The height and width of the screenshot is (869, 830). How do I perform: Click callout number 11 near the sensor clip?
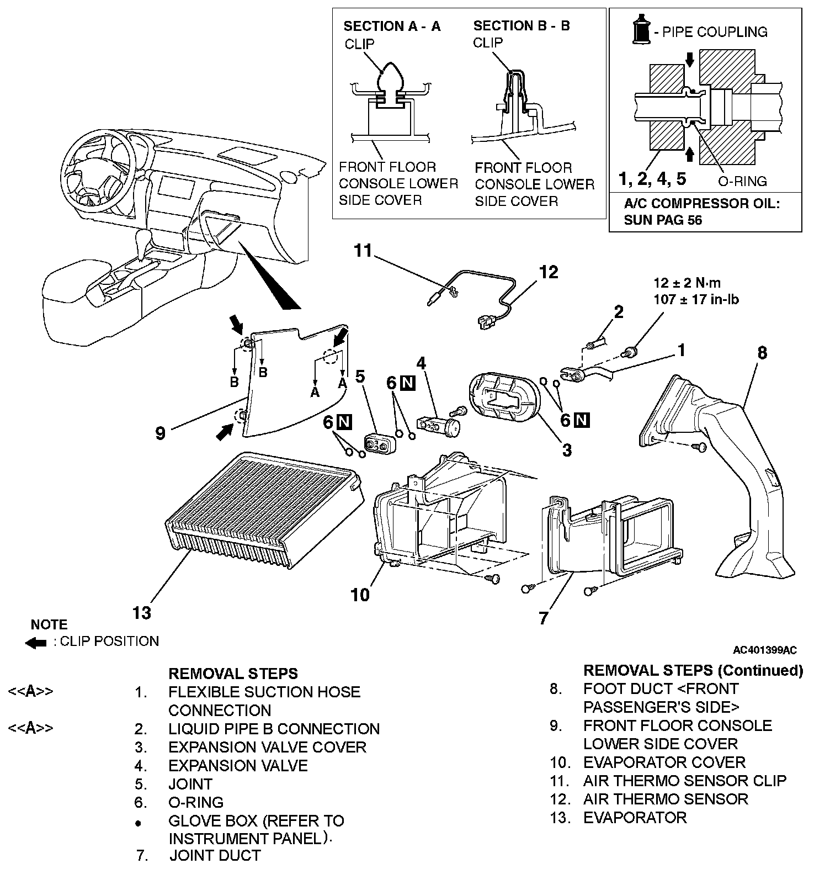364,251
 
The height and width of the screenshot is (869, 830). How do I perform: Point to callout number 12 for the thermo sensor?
549,272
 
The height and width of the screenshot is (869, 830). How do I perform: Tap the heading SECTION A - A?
392,26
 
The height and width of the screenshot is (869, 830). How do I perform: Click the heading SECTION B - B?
522,25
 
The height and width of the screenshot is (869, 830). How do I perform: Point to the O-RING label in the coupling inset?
742,181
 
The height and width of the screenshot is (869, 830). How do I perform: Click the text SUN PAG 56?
663,220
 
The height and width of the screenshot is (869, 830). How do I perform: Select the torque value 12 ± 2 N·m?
687,283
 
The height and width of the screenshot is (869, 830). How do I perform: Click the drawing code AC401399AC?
765,650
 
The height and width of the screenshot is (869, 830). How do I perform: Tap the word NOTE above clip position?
49,624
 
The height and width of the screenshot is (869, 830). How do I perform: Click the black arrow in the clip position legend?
36,642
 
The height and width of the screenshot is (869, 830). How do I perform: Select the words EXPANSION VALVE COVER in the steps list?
267,747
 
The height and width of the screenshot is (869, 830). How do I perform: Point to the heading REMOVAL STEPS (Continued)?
693,670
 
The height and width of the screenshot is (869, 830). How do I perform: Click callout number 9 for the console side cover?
160,433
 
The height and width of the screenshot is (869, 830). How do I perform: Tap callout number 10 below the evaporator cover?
360,595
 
